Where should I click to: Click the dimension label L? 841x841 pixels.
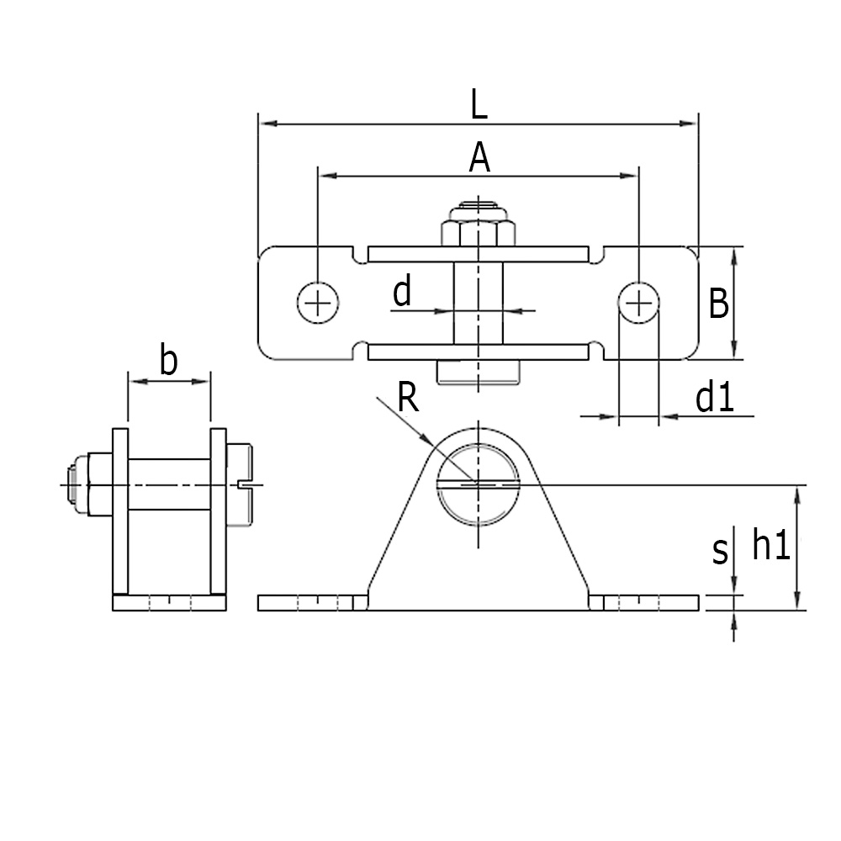point(479,105)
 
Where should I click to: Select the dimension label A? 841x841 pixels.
point(479,157)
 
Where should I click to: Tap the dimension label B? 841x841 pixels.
point(718,304)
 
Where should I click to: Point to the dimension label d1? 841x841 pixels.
point(715,398)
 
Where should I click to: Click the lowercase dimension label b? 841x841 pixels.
point(168,362)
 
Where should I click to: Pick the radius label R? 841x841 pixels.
point(408,398)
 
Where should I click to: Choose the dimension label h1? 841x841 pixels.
point(770,546)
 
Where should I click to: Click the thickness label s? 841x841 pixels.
point(720,552)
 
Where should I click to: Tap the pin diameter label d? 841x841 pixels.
point(403,293)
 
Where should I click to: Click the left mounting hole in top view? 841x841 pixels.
point(318,302)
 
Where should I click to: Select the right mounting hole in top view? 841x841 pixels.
point(639,300)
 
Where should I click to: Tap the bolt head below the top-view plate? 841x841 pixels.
point(479,371)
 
